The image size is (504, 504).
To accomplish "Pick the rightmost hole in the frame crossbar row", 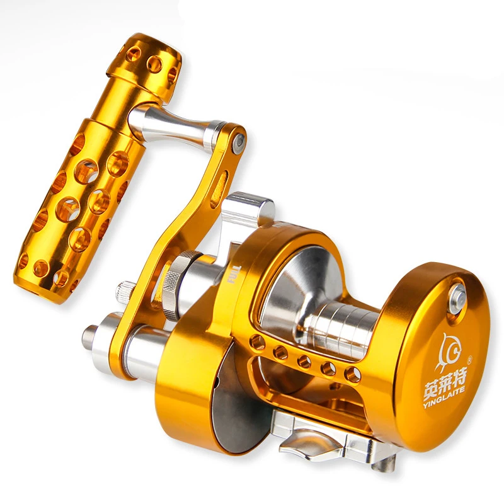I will (x=352, y=375).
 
